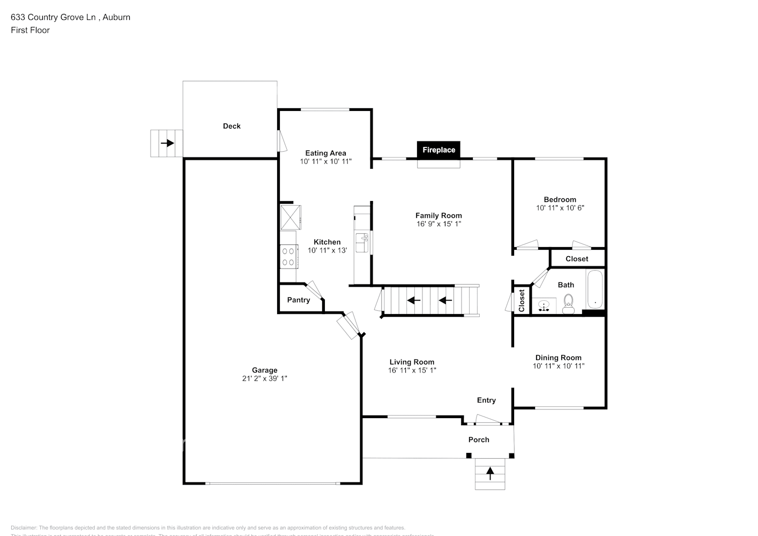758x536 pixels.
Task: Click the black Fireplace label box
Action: click(x=439, y=150)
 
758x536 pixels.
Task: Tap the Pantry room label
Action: click(x=298, y=300)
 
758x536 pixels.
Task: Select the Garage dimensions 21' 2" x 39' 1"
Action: click(x=264, y=378)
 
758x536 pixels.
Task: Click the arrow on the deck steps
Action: click(x=167, y=143)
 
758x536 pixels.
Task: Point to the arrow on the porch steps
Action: click(x=489, y=473)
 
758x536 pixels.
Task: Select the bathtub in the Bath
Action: click(x=594, y=290)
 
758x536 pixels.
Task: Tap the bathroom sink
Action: click(x=544, y=306)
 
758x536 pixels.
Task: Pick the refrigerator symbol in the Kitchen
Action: click(x=291, y=217)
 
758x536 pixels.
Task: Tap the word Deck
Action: click(x=232, y=126)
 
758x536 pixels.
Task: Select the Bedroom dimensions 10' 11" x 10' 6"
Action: click(x=560, y=207)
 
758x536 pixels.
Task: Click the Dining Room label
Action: click(x=558, y=358)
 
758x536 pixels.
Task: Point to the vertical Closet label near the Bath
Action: click(x=522, y=301)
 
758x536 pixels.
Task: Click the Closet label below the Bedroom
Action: click(x=577, y=258)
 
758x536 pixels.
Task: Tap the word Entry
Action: click(x=486, y=400)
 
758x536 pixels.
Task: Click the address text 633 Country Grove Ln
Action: click(x=54, y=17)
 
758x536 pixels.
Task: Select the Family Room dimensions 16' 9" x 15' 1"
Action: click(x=439, y=224)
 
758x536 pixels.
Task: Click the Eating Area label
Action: click(x=325, y=153)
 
